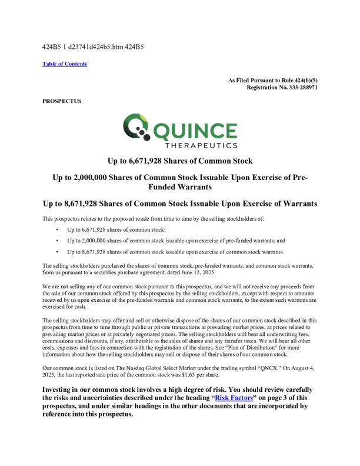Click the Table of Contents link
click(65, 64)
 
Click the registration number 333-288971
click(300, 87)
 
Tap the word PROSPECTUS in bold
click(62, 101)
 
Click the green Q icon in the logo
click(135, 128)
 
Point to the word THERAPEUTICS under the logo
click(201, 145)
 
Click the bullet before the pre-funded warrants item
click(57, 241)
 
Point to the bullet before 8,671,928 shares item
click(57, 252)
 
